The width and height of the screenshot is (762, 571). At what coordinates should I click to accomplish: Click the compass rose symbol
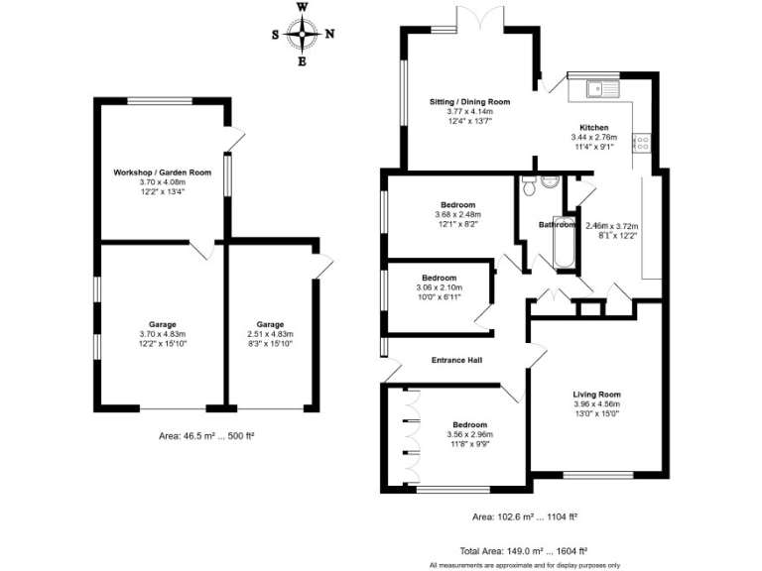(x=303, y=35)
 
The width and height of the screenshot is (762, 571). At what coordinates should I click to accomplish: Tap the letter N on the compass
(x=329, y=35)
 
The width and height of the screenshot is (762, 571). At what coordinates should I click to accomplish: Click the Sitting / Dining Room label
(x=469, y=102)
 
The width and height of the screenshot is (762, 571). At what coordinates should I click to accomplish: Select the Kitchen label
(x=594, y=128)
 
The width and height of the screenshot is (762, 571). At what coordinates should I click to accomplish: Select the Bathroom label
(x=557, y=225)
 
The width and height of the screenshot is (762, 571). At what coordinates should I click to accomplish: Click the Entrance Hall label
(x=455, y=360)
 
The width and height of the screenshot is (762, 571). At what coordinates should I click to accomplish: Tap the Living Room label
(x=596, y=395)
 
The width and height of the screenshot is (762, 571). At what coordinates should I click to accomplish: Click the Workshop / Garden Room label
(x=162, y=172)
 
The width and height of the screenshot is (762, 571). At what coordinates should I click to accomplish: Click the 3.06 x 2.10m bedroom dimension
(x=439, y=287)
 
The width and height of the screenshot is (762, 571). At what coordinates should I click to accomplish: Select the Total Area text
(x=524, y=550)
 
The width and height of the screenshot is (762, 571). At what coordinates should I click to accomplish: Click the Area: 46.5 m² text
(x=207, y=435)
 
